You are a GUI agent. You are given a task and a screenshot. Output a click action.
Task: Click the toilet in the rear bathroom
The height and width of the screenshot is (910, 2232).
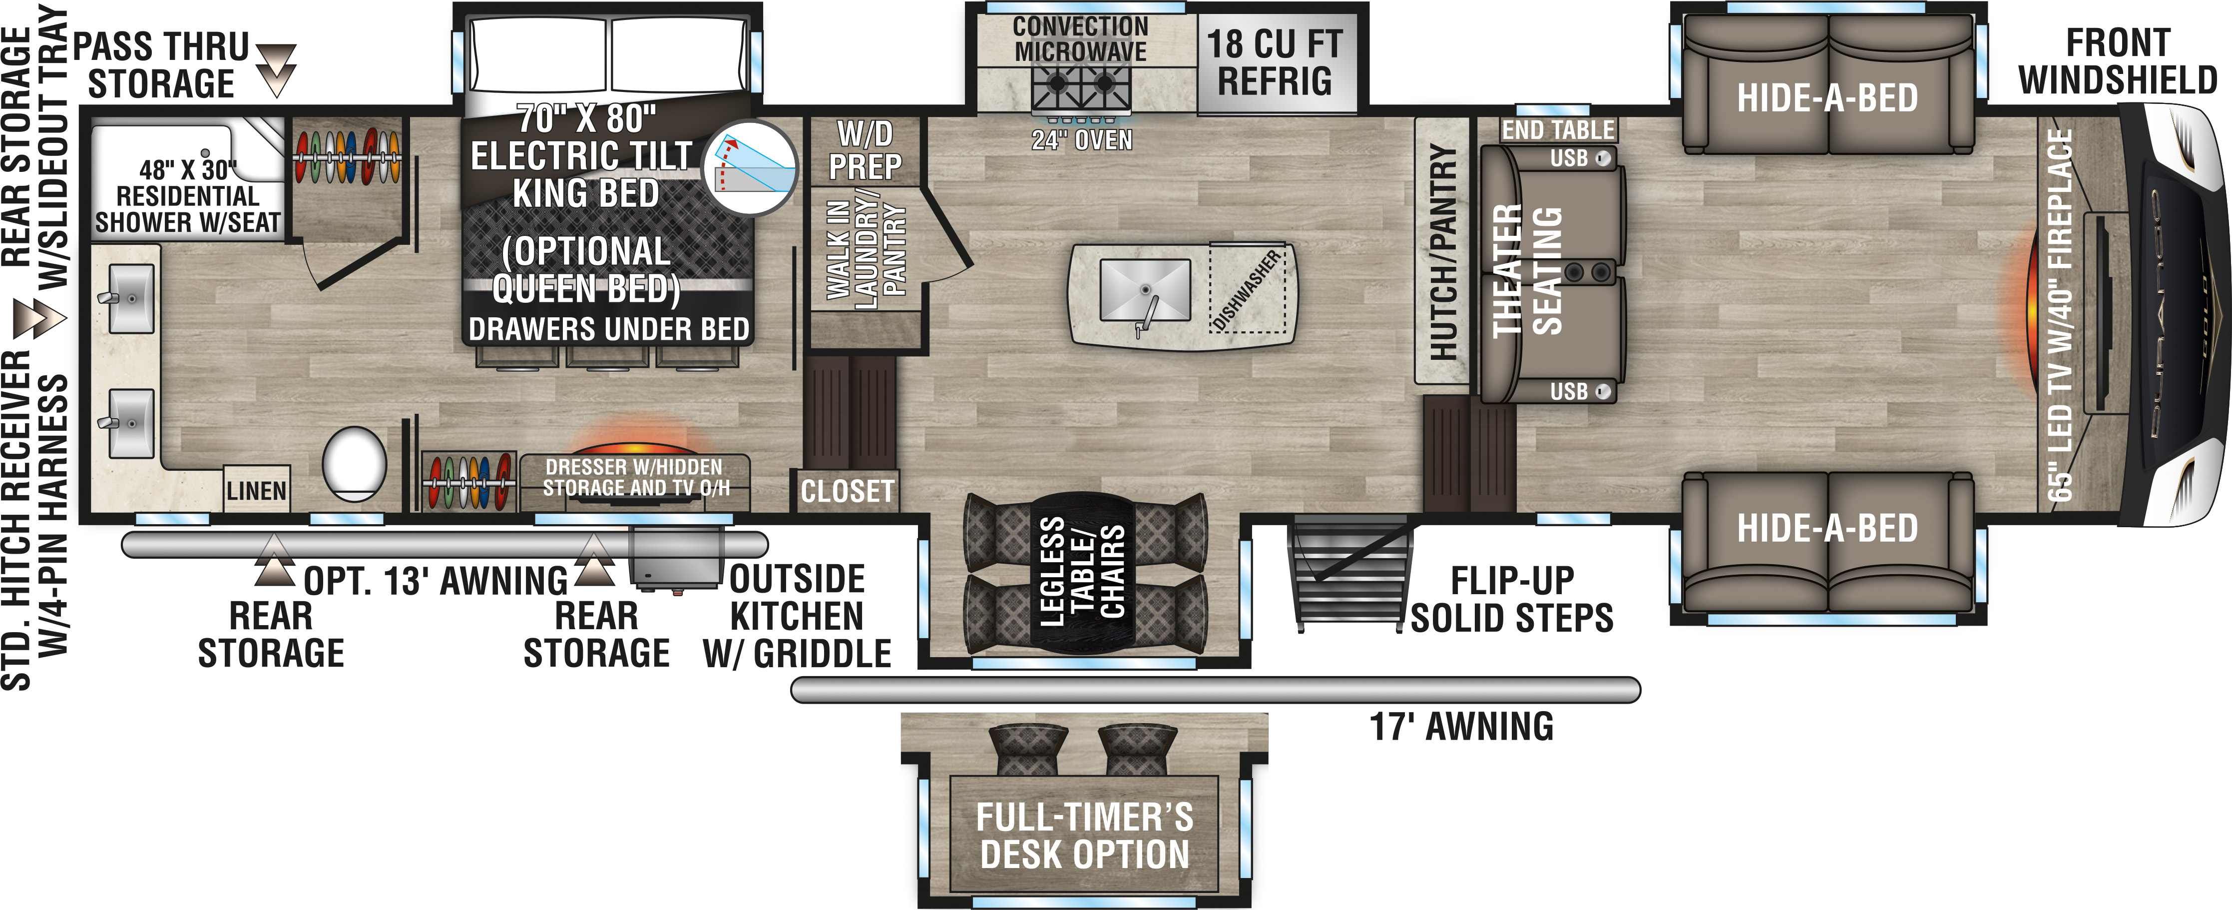(355, 464)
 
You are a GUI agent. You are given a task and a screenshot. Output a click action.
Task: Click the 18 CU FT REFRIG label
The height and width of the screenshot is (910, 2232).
(1275, 62)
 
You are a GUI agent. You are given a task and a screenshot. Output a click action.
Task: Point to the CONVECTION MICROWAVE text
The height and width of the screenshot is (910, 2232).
(1080, 39)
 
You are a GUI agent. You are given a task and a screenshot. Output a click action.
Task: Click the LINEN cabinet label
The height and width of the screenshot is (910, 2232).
(257, 491)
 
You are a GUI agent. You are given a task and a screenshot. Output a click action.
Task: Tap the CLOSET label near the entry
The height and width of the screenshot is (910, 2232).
(847, 491)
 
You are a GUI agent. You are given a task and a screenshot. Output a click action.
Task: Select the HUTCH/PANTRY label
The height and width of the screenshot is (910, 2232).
(1443, 251)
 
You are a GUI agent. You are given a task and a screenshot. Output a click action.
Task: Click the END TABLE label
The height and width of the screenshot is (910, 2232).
(1558, 130)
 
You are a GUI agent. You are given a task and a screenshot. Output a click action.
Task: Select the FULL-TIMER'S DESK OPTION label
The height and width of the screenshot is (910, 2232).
(1085, 836)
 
